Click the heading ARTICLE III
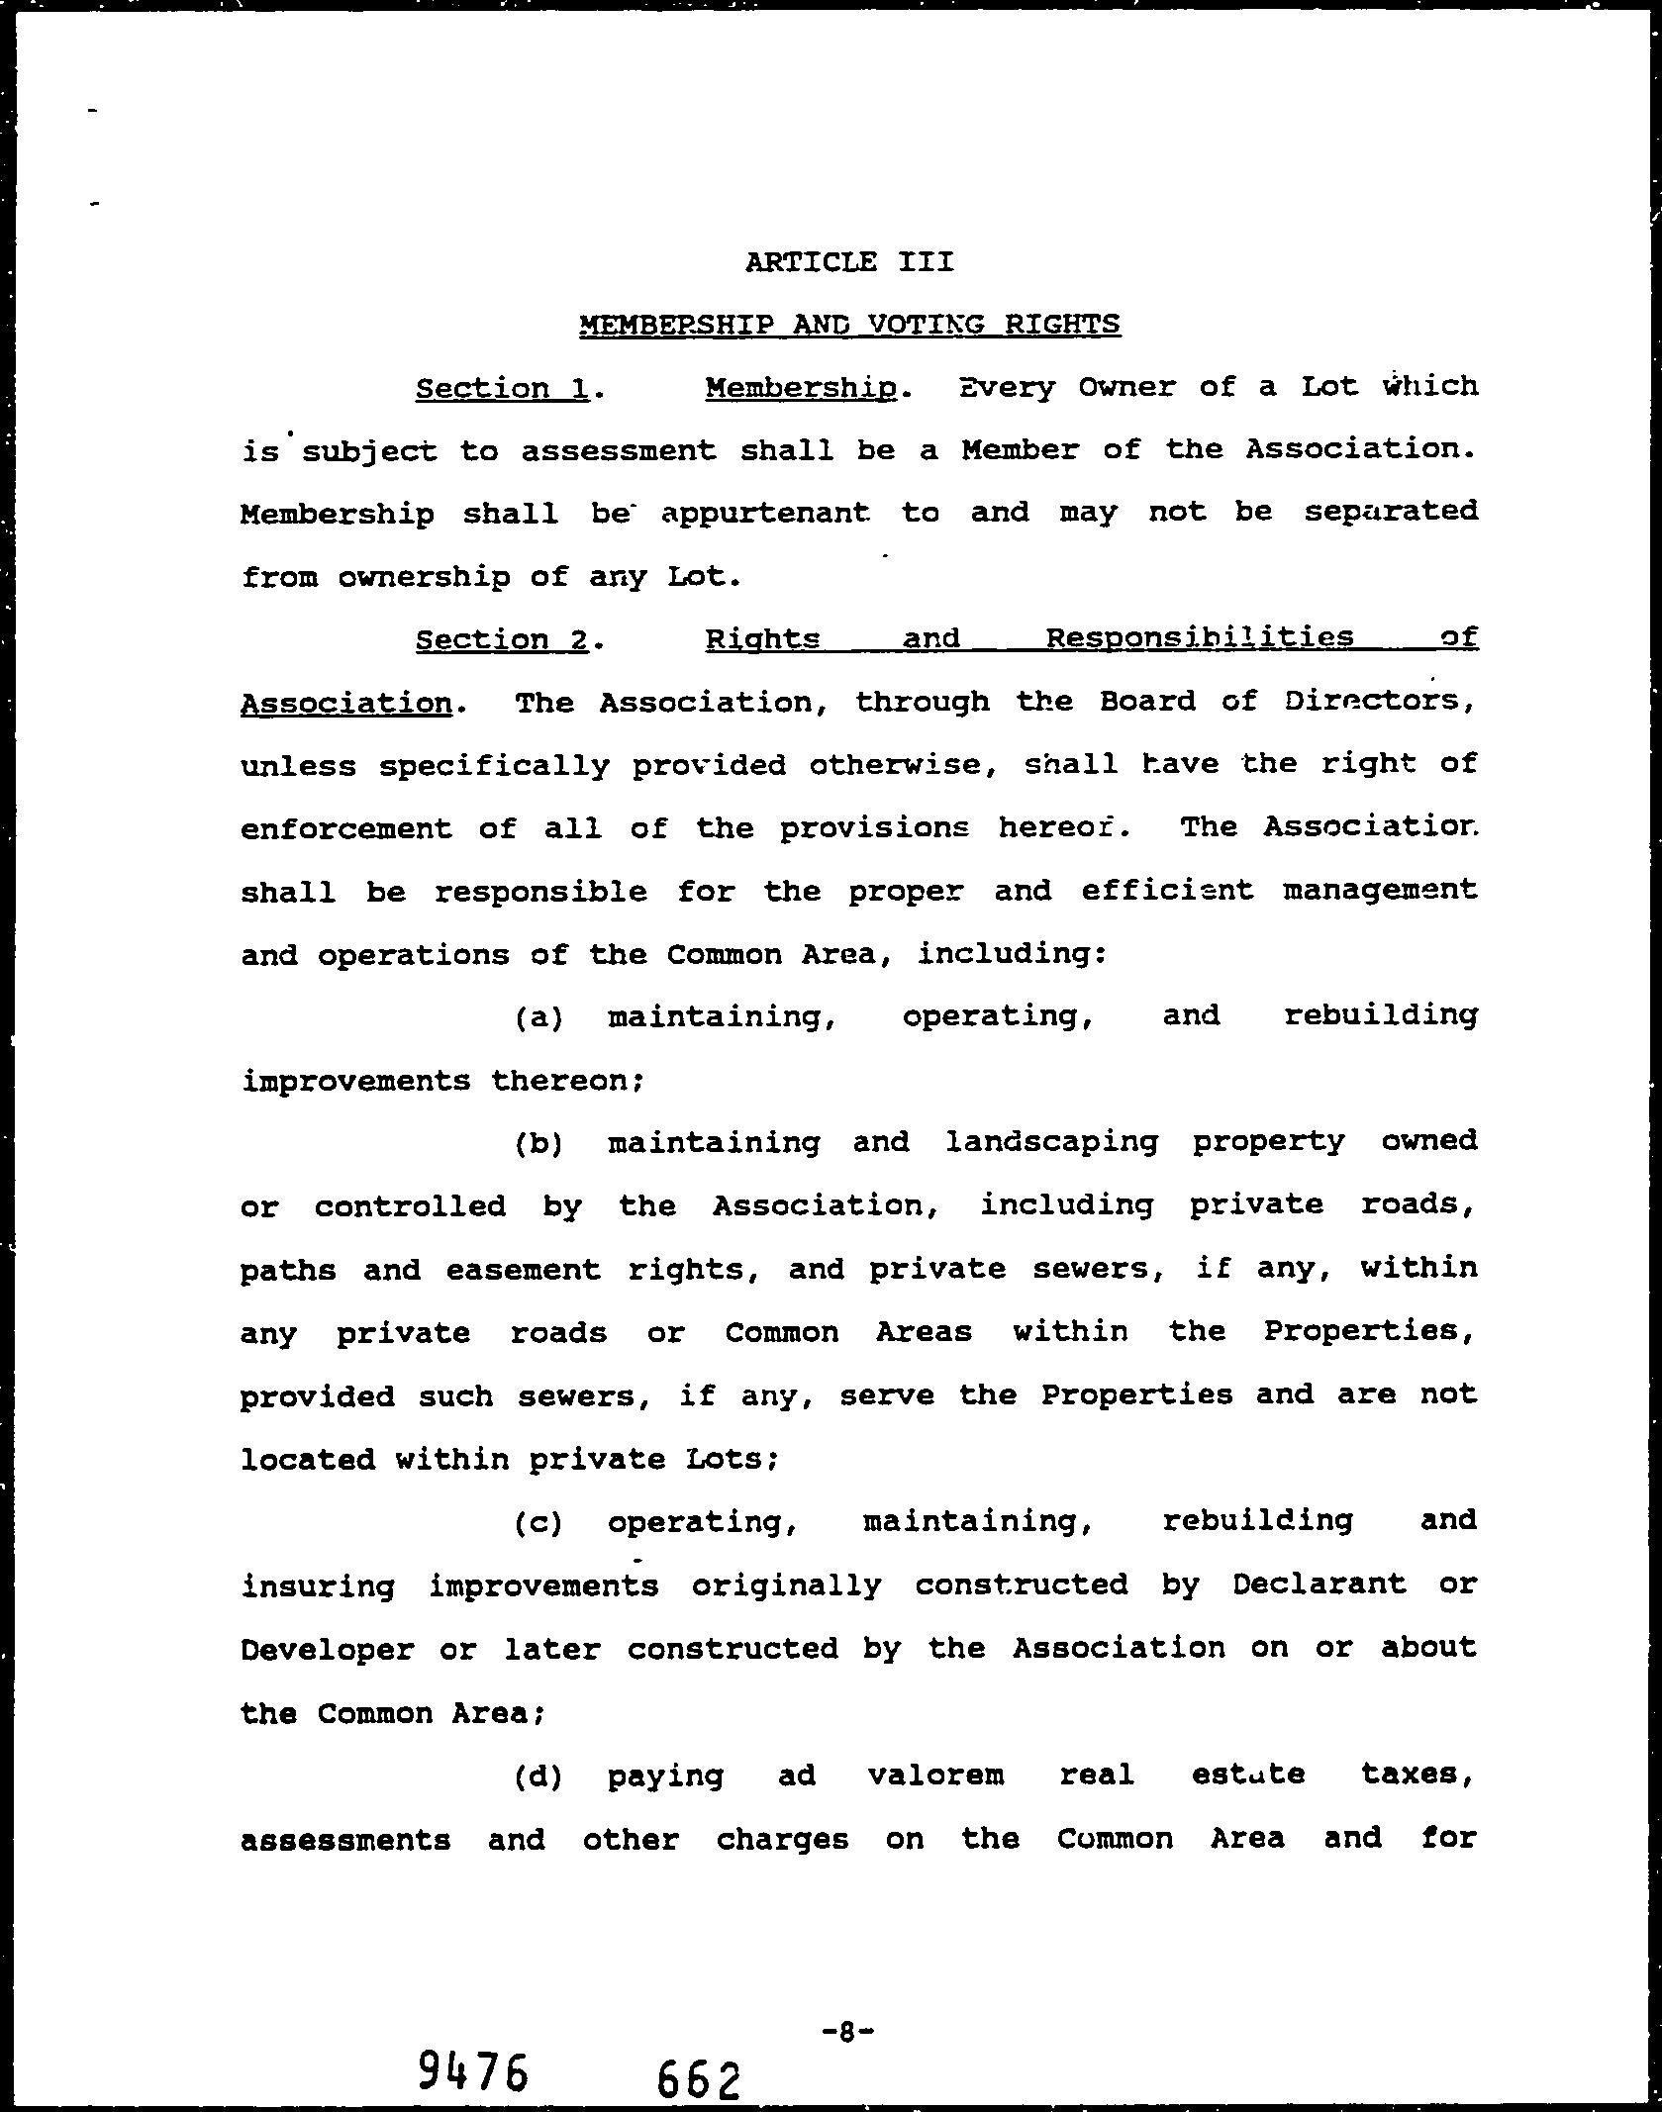point(849,262)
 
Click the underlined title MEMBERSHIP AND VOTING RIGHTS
point(849,324)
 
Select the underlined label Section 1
point(502,388)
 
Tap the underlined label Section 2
point(502,639)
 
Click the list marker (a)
point(538,1017)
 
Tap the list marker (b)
point(538,1144)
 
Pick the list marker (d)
point(538,1777)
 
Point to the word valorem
point(935,1776)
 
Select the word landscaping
point(1051,1143)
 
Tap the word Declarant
point(1319,1584)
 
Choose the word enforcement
point(345,828)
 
